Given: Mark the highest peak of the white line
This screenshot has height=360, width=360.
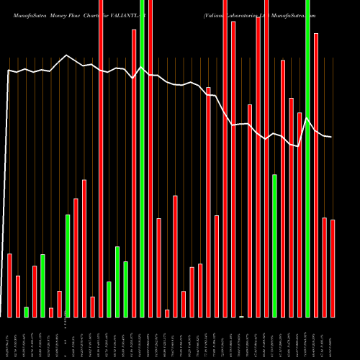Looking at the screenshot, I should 68,55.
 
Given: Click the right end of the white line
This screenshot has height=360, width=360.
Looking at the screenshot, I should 331,137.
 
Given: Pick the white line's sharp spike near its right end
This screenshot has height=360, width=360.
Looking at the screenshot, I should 307,118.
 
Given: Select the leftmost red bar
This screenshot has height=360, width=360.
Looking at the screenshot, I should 9,285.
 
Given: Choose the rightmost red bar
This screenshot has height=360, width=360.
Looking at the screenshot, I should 333,268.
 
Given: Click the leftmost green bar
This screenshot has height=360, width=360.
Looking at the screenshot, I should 26,312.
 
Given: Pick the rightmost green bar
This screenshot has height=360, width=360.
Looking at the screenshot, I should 308,158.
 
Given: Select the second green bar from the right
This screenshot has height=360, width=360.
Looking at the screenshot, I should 274,246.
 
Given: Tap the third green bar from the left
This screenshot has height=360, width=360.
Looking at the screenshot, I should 68,266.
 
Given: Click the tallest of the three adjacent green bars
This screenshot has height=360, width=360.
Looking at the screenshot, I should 117,282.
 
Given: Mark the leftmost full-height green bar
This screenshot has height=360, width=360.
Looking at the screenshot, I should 143,158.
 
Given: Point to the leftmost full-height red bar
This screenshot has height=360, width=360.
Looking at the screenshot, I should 101,158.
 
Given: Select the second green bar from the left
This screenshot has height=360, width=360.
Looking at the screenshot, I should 42,285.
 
